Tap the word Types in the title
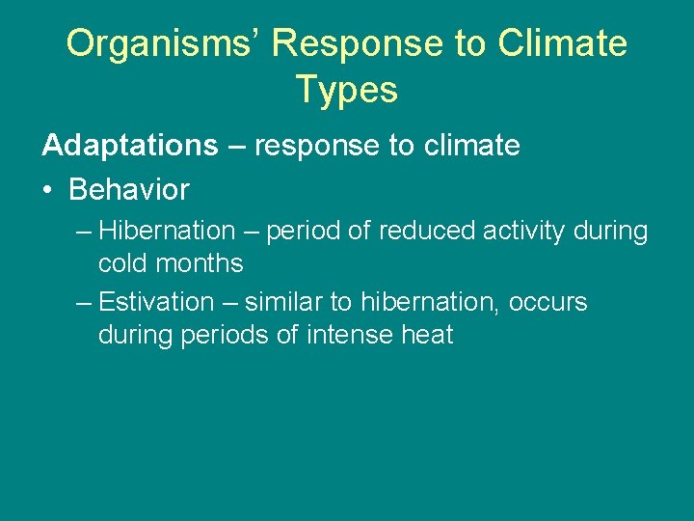[x=347, y=90]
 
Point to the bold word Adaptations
[x=130, y=146]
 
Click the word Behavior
[x=129, y=189]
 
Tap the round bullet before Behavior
[x=48, y=190]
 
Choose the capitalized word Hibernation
[x=167, y=232]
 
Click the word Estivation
[x=156, y=302]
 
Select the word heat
[x=428, y=336]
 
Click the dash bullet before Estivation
[x=84, y=303]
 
